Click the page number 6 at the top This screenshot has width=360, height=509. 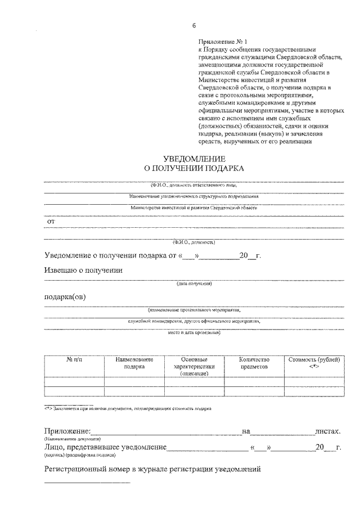[x=194, y=26]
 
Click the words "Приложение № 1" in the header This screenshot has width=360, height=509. [x=223, y=42]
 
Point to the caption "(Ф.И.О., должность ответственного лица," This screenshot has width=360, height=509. [x=194, y=184]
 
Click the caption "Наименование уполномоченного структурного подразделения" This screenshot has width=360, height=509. [x=194, y=196]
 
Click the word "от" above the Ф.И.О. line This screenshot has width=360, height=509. [x=51, y=222]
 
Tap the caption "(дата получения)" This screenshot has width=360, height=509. [x=194, y=285]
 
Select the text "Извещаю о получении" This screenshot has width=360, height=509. [x=84, y=270]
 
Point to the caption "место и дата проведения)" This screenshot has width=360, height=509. [x=194, y=332]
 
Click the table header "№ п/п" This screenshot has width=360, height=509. [x=74, y=359]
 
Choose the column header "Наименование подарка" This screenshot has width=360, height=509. [x=134, y=363]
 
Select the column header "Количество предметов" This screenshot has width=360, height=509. [x=254, y=363]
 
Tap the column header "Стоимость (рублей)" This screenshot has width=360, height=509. [x=314, y=359]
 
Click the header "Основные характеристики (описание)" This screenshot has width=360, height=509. [x=195, y=366]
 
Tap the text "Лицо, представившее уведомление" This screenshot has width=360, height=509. [x=105, y=447]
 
